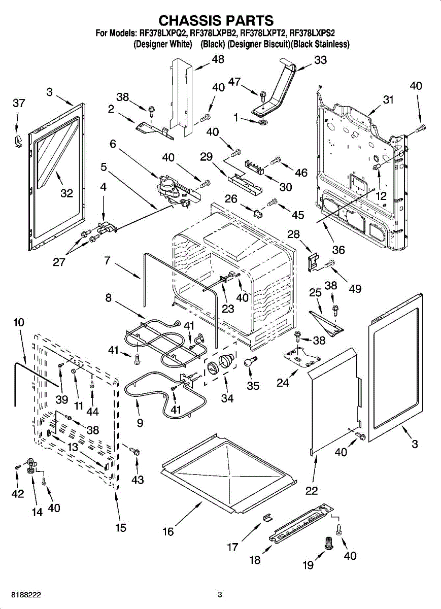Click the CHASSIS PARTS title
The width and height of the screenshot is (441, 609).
click(216, 20)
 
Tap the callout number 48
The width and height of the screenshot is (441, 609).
click(218, 59)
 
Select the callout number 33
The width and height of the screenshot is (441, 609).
click(320, 60)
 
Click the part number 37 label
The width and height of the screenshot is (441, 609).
click(19, 103)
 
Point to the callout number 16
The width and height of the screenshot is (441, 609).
click(168, 531)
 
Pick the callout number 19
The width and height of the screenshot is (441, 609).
click(308, 565)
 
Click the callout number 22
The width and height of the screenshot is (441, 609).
click(312, 490)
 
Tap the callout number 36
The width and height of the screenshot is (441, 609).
click(338, 250)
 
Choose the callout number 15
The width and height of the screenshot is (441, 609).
click(120, 528)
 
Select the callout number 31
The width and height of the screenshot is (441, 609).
click(388, 100)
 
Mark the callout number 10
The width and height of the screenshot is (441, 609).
click(19, 322)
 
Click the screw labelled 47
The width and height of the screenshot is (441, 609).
click(263, 95)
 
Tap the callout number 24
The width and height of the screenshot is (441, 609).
click(283, 383)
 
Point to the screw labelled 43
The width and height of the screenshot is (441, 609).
click(135, 451)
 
